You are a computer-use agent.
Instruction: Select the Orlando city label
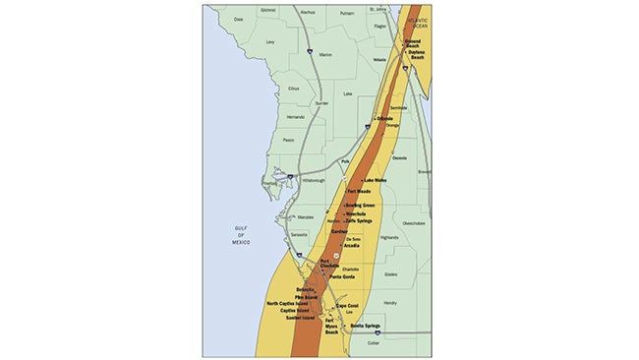383,119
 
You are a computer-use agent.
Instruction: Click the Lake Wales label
376,181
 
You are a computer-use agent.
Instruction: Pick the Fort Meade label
361,193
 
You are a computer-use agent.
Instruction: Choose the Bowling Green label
359,205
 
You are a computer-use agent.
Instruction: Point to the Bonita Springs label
366,326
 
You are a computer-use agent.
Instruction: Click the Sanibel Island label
293,320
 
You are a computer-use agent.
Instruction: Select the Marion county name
325,55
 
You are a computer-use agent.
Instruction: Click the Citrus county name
292,89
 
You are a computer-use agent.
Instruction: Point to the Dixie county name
237,19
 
